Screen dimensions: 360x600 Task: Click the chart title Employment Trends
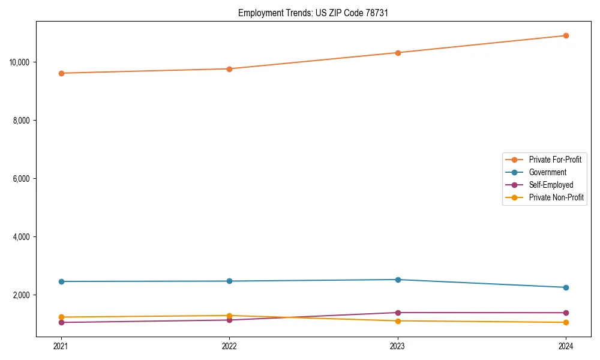(x=313, y=13)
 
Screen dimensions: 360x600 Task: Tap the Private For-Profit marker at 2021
(x=61, y=73)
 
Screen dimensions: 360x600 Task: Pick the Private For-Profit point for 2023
(x=398, y=53)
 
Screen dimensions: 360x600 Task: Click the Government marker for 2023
(x=398, y=280)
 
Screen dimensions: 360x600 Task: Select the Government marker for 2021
(x=61, y=281)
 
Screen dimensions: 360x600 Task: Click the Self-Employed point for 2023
(x=398, y=313)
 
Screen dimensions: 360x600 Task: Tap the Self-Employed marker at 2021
(x=61, y=322)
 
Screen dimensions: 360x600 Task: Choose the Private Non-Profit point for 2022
(x=229, y=316)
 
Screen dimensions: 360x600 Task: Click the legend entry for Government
(x=547, y=172)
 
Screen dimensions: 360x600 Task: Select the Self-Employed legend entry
(x=551, y=185)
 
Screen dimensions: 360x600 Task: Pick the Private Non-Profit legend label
(x=556, y=197)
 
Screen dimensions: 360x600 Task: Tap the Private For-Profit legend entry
(x=555, y=160)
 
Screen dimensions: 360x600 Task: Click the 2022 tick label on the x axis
(x=229, y=346)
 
